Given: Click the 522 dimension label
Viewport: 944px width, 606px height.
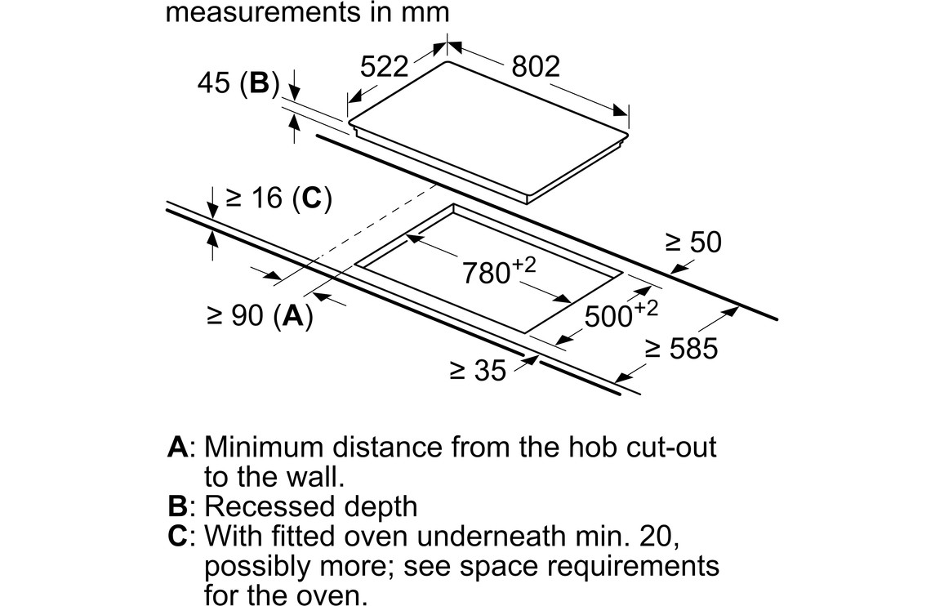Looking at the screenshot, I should tap(384, 66).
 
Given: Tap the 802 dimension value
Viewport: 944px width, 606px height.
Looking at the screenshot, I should tap(536, 66).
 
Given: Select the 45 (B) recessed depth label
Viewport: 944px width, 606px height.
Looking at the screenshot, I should tap(238, 83).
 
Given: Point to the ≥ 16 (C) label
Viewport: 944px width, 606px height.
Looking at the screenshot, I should tap(278, 198).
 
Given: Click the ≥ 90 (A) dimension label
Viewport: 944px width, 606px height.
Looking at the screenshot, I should tap(259, 316).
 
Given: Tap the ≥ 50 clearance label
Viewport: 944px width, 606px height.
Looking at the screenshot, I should tap(693, 242).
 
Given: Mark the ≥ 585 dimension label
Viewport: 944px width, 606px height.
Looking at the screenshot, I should tap(682, 349).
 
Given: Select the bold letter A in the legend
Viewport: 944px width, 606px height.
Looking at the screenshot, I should tap(177, 448).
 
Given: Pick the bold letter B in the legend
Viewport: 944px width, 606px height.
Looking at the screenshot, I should tap(176, 506).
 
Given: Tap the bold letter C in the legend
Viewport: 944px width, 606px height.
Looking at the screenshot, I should tap(177, 537).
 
